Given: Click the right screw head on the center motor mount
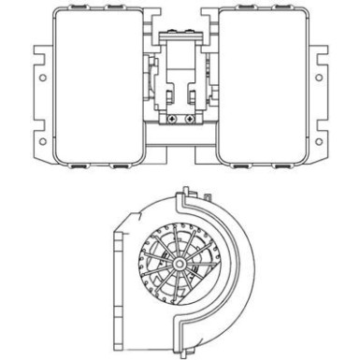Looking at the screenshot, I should [x=190, y=119].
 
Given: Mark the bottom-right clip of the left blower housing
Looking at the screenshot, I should [x=122, y=166].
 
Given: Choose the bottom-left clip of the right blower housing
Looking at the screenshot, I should [x=238, y=166].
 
